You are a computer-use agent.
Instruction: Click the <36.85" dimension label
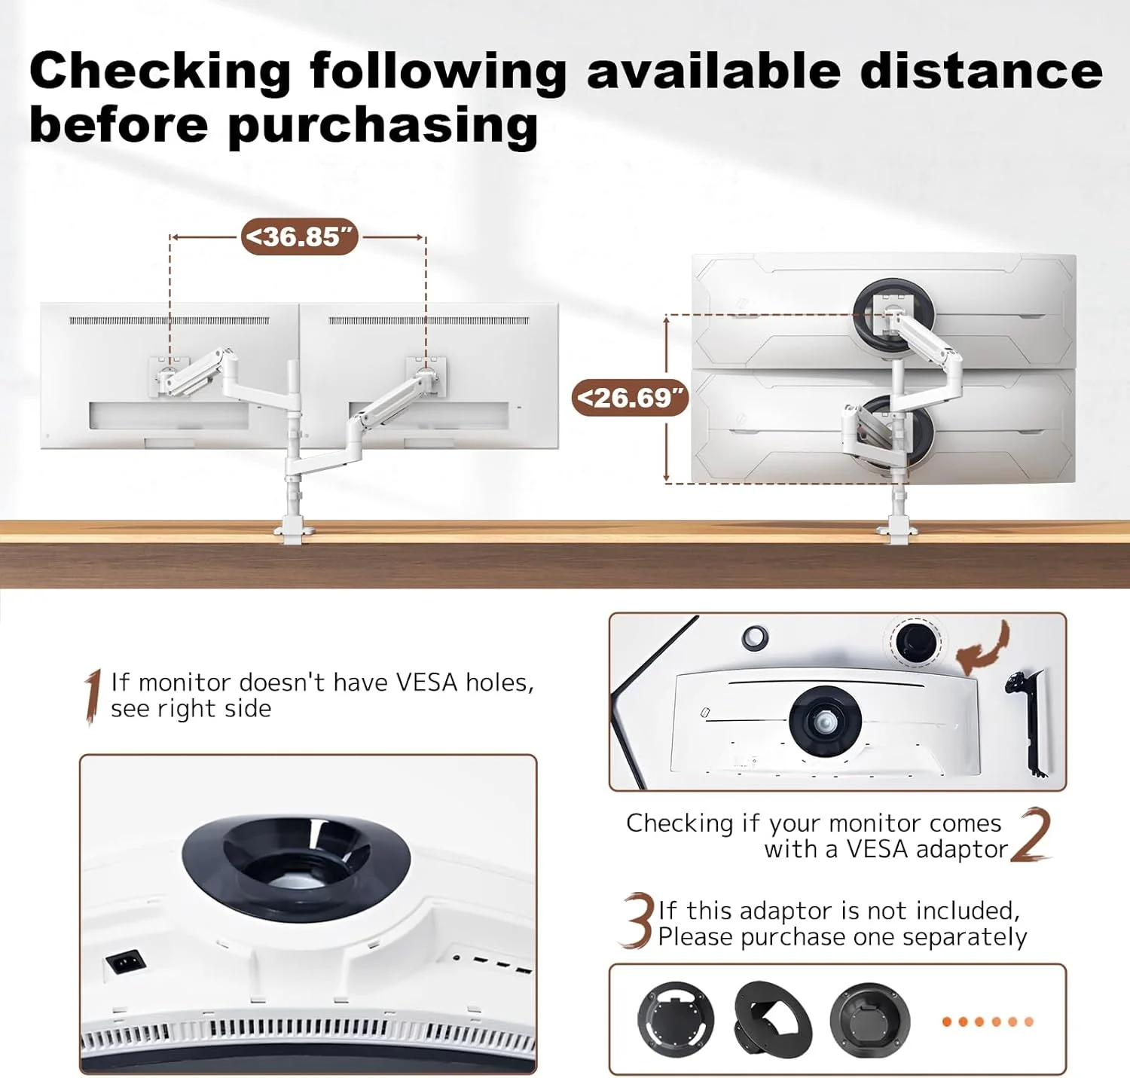point(300,237)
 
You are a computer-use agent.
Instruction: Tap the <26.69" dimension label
point(631,397)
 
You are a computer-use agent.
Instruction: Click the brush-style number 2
point(1030,835)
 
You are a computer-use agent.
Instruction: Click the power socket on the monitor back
point(125,961)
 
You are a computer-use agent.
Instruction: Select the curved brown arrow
point(983,646)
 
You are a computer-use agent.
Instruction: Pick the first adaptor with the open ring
point(675,1019)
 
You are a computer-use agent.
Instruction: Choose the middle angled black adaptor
point(772,1018)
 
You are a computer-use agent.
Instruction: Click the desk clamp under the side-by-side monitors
point(295,532)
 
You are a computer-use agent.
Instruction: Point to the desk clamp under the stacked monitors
point(899,533)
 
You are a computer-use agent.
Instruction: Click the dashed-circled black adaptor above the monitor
point(915,642)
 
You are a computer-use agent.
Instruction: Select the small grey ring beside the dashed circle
point(755,637)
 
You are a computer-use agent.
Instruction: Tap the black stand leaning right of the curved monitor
point(1028,722)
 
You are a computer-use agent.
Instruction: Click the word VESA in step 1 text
point(427,683)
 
